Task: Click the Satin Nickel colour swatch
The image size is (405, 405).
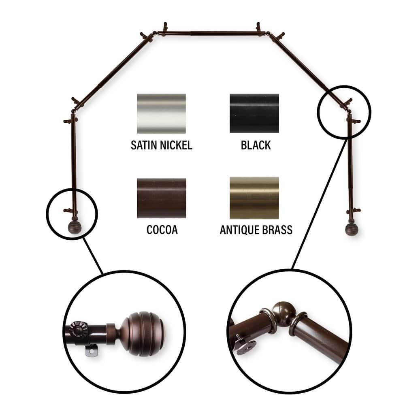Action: pos(162,113)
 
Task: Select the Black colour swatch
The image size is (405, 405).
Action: pos(254,113)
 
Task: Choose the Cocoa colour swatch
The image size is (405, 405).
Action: pos(162,198)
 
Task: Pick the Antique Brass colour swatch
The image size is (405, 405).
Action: pos(254,198)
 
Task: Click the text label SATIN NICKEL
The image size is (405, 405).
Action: pos(162,145)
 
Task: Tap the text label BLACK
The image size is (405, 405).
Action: pos(256,145)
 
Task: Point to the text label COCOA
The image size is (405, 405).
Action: pos(162,230)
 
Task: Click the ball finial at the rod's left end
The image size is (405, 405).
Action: pos(75,228)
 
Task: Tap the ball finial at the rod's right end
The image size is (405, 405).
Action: pos(351,229)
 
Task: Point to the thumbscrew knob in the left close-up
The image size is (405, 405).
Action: pos(78,329)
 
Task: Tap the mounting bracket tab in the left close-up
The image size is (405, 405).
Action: pos(92,352)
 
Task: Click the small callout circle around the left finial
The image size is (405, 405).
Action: pos(72,214)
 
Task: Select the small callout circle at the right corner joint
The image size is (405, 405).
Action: pos(344,112)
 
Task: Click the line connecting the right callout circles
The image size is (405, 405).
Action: pos(319,204)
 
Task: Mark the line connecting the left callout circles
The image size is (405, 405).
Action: pos(93,256)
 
